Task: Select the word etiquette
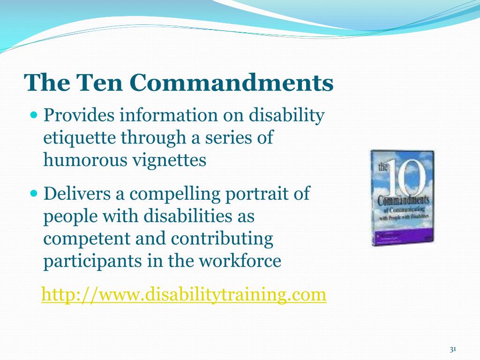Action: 80,138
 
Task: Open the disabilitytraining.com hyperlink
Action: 184,294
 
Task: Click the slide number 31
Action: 453,350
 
